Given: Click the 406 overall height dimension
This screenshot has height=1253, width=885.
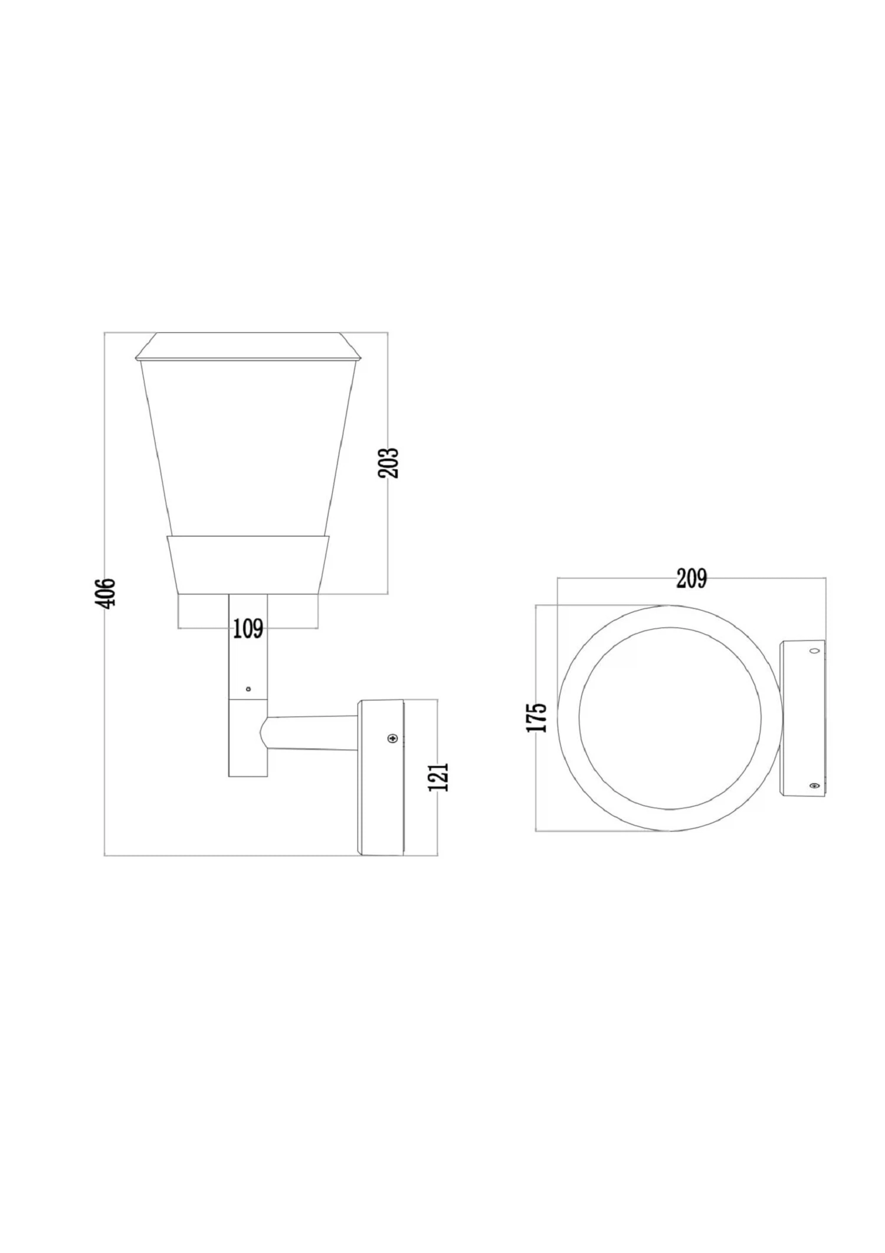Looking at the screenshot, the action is (106, 592).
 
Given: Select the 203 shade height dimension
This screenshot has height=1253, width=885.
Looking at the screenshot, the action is (389, 463).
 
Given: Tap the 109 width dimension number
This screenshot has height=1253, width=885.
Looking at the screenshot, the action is (248, 629).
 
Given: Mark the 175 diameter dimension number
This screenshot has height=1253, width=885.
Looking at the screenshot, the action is (537, 718).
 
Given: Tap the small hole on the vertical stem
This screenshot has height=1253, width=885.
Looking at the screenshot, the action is (248, 688).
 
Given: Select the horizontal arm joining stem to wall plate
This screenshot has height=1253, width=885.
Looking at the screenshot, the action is (313, 734).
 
